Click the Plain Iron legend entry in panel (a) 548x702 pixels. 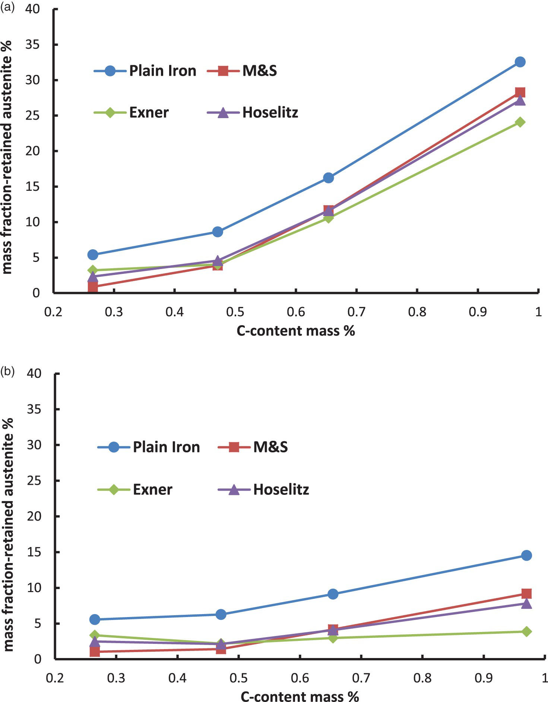click(145, 70)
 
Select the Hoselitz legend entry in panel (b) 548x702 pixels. click(263, 489)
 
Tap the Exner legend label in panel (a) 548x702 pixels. click(149, 112)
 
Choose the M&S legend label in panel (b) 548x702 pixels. click(270, 447)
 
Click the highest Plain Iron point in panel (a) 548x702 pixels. click(520, 62)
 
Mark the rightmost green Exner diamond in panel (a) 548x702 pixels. click(520, 122)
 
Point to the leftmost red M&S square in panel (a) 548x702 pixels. click(93, 287)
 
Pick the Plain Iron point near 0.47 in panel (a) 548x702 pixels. click(218, 232)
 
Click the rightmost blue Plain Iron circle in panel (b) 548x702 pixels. click(526, 556)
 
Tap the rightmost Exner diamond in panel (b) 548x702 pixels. click(526, 632)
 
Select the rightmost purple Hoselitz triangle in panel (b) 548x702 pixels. click(526, 603)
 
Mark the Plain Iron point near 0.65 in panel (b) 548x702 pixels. click(333, 594)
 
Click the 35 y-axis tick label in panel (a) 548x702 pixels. click(32, 45)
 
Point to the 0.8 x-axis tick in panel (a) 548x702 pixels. click(417, 312)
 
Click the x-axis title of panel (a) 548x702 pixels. click(296, 331)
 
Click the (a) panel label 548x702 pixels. click(7, 7)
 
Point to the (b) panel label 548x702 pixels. click(7, 371)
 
